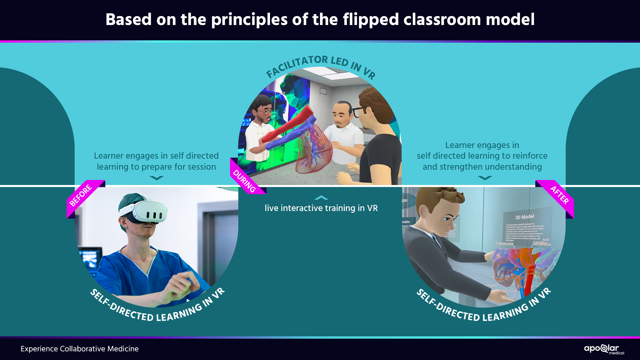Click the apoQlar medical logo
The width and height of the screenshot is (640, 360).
(x=604, y=349)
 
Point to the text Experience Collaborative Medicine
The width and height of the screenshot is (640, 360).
(x=79, y=349)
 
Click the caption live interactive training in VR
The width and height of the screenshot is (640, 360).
(x=321, y=208)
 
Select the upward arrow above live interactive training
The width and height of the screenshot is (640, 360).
(x=321, y=198)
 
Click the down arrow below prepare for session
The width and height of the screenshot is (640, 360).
(x=156, y=178)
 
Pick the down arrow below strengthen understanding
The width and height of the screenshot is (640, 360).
(x=485, y=178)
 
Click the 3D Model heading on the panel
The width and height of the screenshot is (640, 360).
(x=524, y=217)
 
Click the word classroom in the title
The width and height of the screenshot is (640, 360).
(x=442, y=19)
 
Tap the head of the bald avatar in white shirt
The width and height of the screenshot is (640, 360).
(x=342, y=113)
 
